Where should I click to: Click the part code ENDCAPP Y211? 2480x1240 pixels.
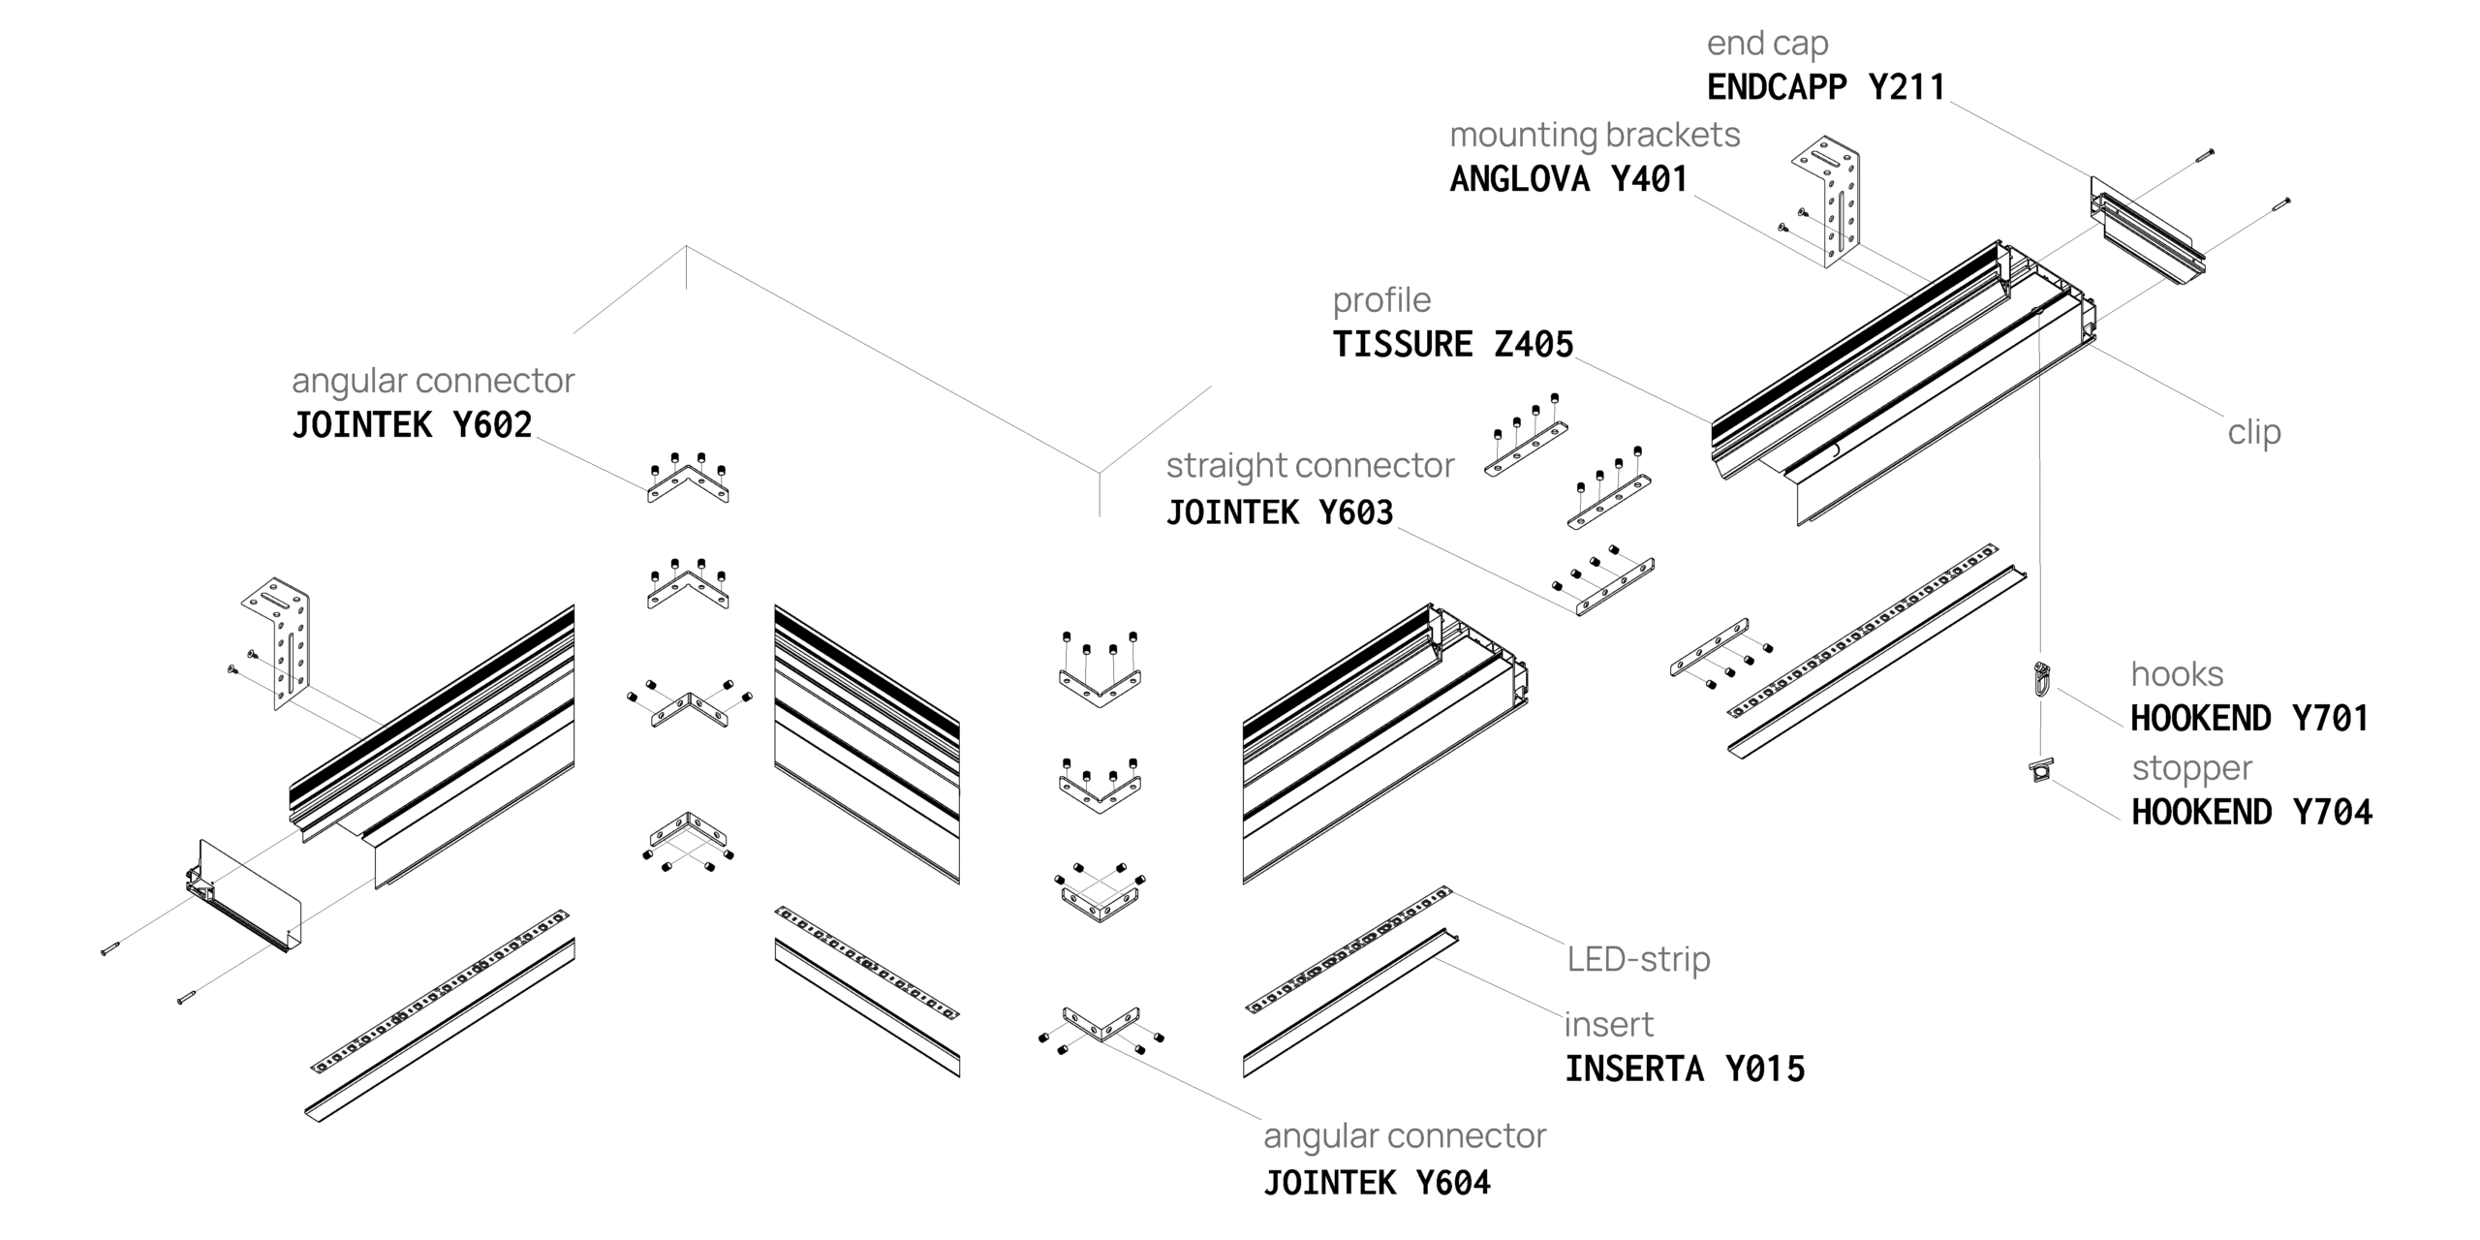click(x=1825, y=87)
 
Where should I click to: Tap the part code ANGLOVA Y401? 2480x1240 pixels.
click(x=1568, y=179)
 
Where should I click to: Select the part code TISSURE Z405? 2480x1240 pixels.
click(x=1452, y=345)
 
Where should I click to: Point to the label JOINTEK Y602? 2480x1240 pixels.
click(x=412, y=425)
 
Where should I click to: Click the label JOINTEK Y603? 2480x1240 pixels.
click(x=1279, y=512)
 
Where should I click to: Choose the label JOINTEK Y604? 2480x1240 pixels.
click(x=1376, y=1183)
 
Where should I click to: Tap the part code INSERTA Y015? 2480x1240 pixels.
click(x=1685, y=1069)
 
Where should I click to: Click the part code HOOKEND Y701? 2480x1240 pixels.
click(x=2248, y=719)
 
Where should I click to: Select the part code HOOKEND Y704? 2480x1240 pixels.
click(x=2251, y=812)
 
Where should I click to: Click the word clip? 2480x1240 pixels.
click(x=2253, y=432)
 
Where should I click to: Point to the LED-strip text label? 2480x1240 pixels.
click(x=1638, y=959)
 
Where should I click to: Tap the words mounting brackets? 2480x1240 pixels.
click(x=1595, y=135)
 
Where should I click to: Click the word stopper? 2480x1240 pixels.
click(x=2191, y=768)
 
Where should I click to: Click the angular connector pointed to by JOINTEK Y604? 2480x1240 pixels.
click(x=1100, y=1025)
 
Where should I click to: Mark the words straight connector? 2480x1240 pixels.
click(x=1310, y=466)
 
